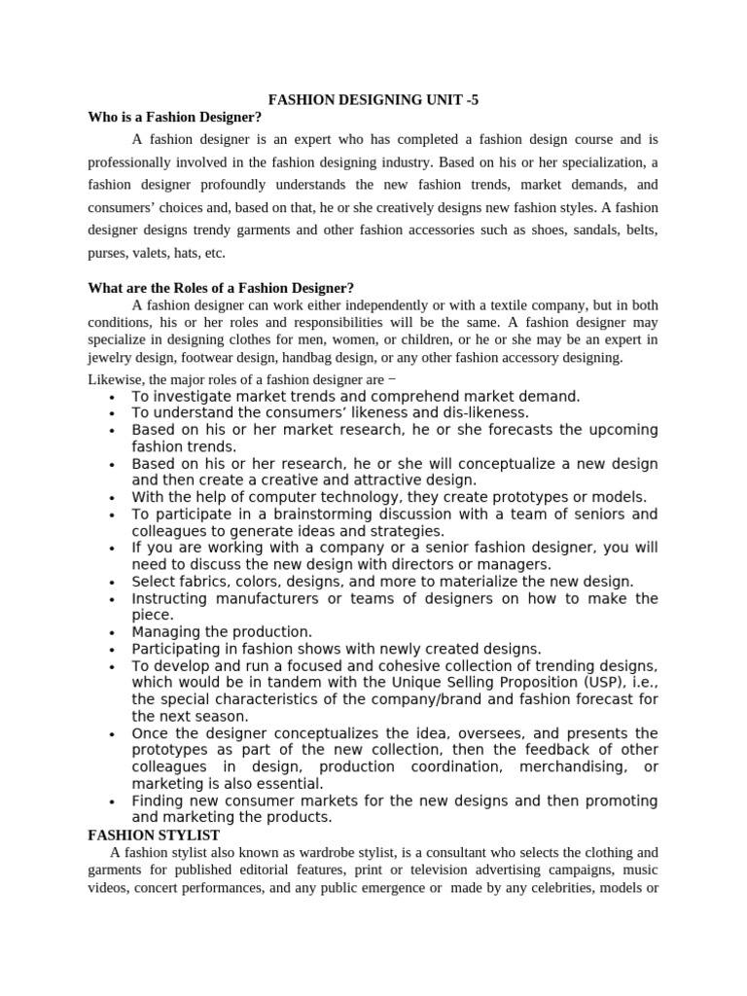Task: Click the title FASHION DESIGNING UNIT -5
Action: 373,99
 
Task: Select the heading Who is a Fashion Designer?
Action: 176,117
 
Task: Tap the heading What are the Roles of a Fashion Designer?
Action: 221,288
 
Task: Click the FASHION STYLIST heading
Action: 154,835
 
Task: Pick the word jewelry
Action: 111,358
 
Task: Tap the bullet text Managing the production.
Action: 222,632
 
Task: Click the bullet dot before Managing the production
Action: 114,633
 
